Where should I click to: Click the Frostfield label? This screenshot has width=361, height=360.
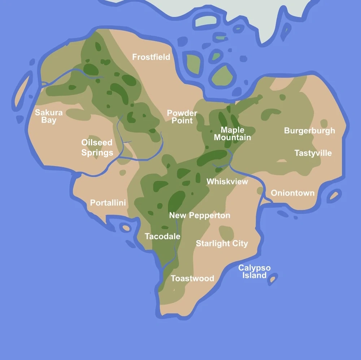click(x=151, y=57)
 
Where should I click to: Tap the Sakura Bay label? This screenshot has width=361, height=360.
click(x=49, y=116)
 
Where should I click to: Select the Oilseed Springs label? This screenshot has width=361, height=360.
click(x=97, y=148)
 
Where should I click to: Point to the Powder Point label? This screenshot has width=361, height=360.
click(x=182, y=117)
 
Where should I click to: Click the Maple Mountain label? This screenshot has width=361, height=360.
click(x=232, y=133)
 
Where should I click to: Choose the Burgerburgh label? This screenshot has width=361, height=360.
click(x=309, y=131)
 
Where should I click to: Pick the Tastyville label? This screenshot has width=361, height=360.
click(x=313, y=153)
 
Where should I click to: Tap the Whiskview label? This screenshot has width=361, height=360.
click(x=227, y=181)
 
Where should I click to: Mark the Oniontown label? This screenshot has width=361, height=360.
click(x=292, y=193)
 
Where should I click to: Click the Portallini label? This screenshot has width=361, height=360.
click(x=108, y=203)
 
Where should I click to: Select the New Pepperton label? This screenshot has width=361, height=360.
click(x=200, y=215)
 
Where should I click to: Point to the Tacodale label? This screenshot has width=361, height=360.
click(x=162, y=237)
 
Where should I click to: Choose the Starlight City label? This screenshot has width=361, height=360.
click(x=222, y=243)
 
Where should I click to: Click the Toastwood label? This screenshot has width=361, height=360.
click(x=192, y=278)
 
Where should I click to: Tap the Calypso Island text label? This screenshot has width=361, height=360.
click(x=254, y=272)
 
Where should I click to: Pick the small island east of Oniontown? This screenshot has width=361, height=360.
click(x=334, y=196)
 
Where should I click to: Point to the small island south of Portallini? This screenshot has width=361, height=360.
click(x=126, y=228)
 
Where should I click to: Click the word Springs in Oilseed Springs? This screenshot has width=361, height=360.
click(x=97, y=153)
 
